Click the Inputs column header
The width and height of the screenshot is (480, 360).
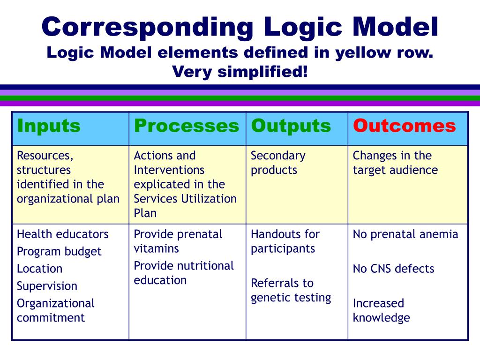[x=49, y=126]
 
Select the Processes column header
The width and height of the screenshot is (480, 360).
[x=186, y=126]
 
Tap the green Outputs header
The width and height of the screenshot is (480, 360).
[x=291, y=126]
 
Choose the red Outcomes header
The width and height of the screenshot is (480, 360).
[x=404, y=126]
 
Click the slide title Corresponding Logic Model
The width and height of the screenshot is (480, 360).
[x=240, y=27]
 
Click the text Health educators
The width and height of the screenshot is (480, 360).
[x=62, y=234]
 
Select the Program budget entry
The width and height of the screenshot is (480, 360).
[x=59, y=251]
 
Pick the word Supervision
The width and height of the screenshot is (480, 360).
[x=47, y=286]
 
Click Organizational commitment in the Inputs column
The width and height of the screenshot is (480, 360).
[x=55, y=310]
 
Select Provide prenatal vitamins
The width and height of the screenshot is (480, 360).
[x=178, y=241]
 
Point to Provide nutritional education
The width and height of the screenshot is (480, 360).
[x=183, y=273]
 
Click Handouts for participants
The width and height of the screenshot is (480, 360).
[x=285, y=241]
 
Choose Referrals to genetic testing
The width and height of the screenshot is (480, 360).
[x=291, y=290]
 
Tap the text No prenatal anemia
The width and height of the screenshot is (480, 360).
[x=405, y=234]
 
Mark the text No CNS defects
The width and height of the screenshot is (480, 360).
[x=393, y=269]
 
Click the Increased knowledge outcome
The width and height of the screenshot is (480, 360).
[x=381, y=310]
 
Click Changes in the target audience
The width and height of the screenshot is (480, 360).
[x=395, y=162]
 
